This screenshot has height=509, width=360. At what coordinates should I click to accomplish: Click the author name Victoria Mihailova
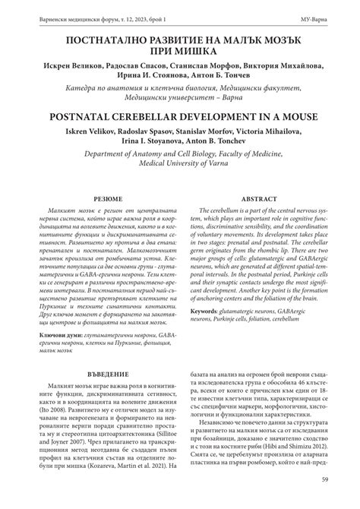click(279, 134)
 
